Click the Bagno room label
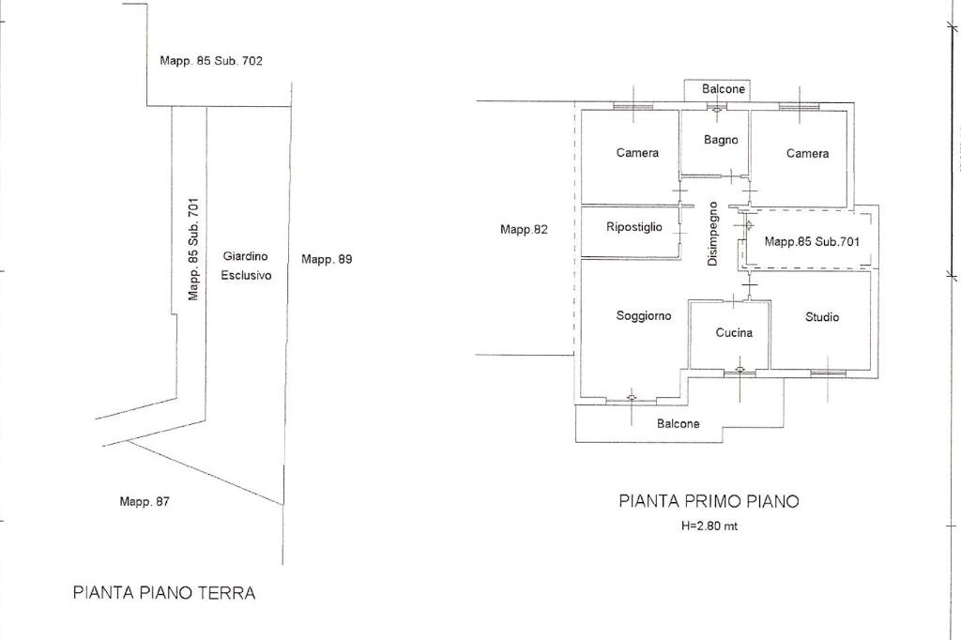tap(721, 140)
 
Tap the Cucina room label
tap(734, 332)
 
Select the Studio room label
tap(822, 317)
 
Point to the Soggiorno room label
tap(644, 316)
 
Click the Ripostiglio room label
tap(634, 227)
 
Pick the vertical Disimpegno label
tap(713, 234)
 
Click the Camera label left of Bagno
tap(637, 153)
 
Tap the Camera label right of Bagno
tap(807, 153)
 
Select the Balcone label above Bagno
tap(724, 89)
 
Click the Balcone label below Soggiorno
tap(678, 424)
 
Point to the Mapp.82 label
tap(524, 229)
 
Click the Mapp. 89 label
tap(327, 259)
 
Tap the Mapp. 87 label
tap(145, 501)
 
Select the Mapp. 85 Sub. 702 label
tap(211, 61)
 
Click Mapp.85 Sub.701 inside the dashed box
tap(812, 242)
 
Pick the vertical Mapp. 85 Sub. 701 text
tap(193, 249)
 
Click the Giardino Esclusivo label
tap(246, 266)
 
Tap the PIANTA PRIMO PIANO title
tap(709, 501)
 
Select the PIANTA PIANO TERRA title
tap(164, 593)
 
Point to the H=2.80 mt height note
tap(709, 526)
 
